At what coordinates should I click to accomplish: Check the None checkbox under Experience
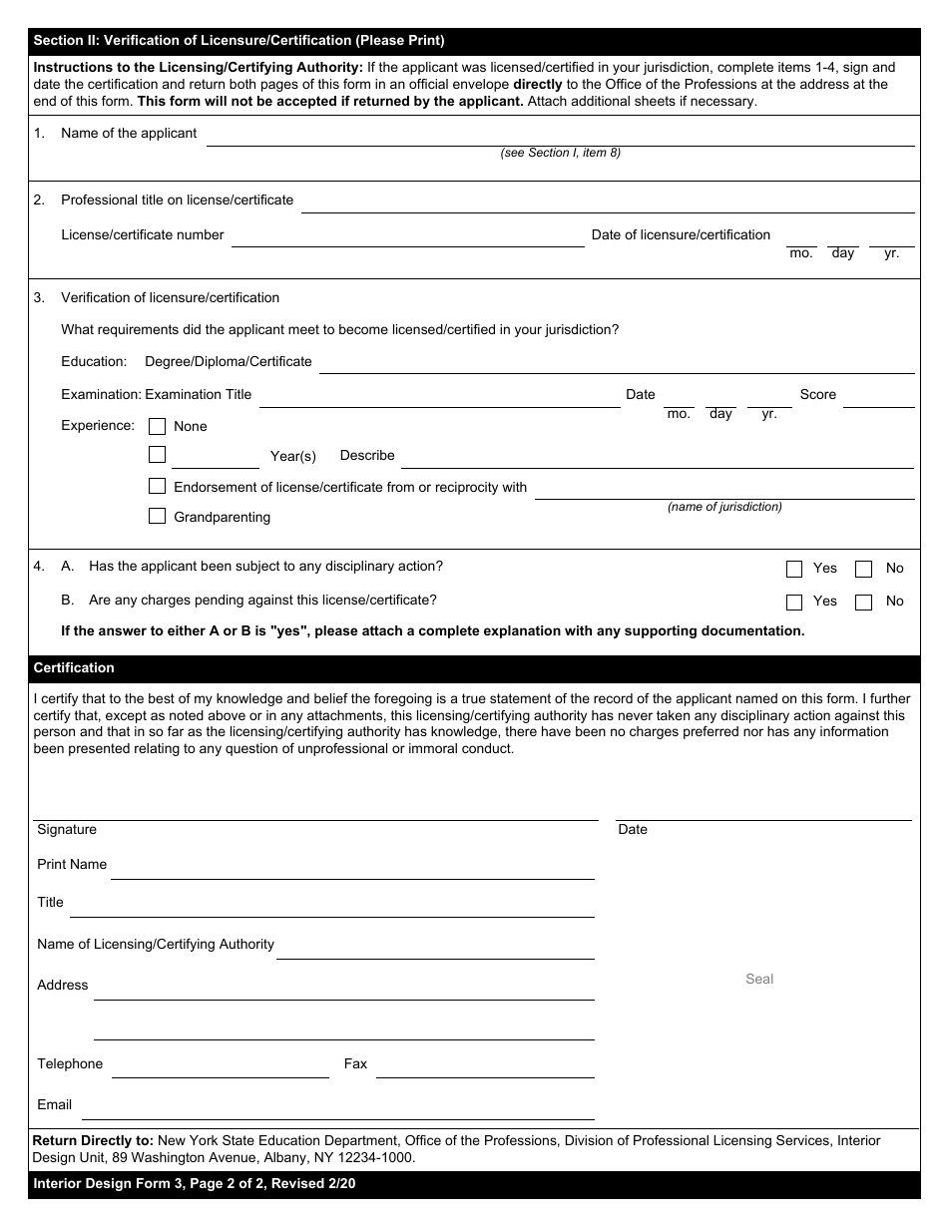tap(157, 426)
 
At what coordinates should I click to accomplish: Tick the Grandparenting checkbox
tap(157, 516)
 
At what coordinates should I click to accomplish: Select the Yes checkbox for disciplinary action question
tap(794, 569)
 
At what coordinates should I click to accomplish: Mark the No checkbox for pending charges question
tap(864, 602)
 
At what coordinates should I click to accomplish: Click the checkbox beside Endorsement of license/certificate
tap(157, 486)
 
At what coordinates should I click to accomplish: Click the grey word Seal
tap(759, 979)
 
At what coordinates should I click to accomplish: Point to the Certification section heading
tap(74, 668)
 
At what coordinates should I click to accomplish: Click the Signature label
tap(67, 830)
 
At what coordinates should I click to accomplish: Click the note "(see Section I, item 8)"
tap(560, 153)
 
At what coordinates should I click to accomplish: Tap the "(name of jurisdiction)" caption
tap(724, 507)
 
